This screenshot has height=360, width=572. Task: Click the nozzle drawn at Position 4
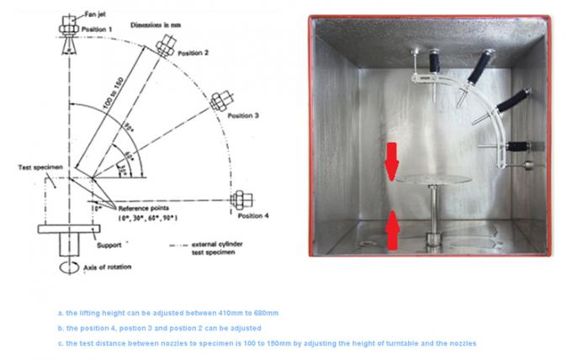coord(241,199)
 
